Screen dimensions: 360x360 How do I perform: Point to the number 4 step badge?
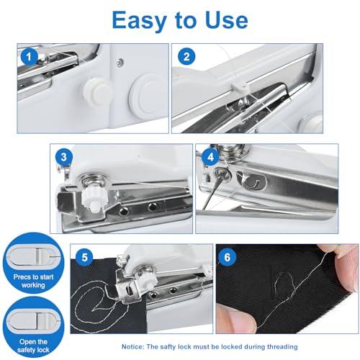point(210,156)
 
